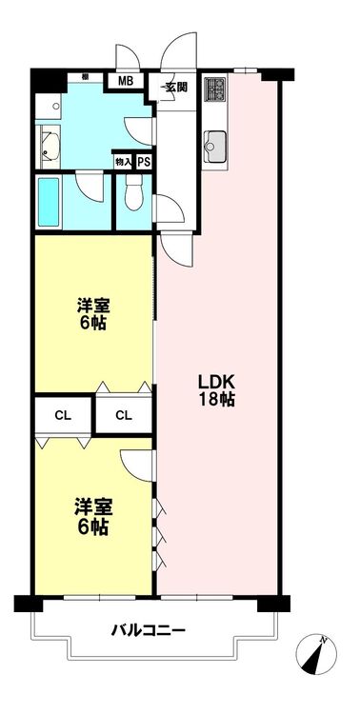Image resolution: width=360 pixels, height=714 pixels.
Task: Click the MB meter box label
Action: [126, 82]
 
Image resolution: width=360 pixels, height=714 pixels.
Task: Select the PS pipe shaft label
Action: [145, 162]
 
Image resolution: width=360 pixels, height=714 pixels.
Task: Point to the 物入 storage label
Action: [123, 162]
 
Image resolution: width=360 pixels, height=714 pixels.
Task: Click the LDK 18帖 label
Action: [216, 389]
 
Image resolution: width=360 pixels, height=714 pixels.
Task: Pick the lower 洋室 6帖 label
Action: [94, 518]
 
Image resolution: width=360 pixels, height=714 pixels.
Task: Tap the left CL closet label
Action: [63, 415]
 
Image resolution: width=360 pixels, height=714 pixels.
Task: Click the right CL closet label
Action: [124, 415]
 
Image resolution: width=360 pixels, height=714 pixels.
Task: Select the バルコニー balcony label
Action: [149, 630]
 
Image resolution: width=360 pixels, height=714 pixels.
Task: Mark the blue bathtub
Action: [49, 202]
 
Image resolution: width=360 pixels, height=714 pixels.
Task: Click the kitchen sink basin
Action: [215, 142]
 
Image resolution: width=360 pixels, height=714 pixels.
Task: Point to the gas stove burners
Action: [214, 89]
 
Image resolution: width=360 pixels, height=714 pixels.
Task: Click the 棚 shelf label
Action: [85, 77]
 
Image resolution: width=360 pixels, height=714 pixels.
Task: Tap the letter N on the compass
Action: [324, 640]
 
